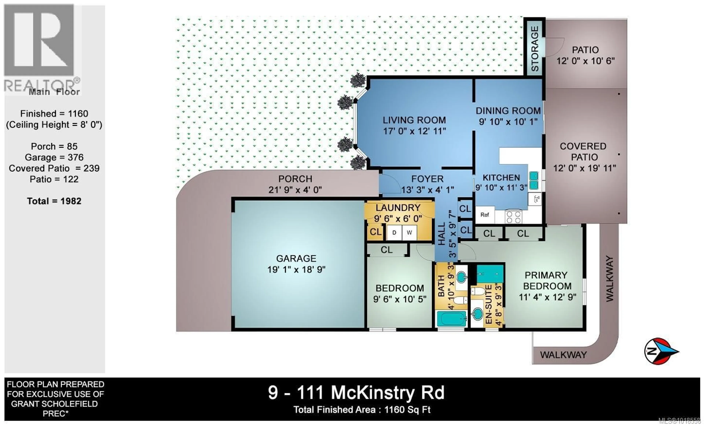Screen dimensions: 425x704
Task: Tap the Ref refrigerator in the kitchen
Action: click(485, 215)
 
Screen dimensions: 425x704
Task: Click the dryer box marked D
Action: click(394, 233)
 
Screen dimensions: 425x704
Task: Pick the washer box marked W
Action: click(409, 233)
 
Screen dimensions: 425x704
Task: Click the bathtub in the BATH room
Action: click(451, 319)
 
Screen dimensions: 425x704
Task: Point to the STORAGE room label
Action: click(534, 49)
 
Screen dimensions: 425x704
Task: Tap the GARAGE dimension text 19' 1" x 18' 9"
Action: click(296, 269)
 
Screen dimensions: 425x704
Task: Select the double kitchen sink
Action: click(534, 180)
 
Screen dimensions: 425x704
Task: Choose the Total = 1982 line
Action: click(54, 201)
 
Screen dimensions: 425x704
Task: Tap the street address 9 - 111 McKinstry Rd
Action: click(356, 393)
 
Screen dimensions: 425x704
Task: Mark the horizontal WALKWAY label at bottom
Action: click(563, 355)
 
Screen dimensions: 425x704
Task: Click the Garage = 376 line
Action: click(54, 157)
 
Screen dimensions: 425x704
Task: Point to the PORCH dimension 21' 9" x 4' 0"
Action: click(295, 190)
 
